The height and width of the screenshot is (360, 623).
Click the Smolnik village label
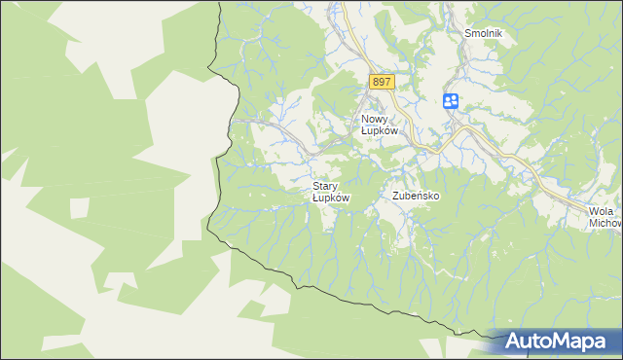point(483,32)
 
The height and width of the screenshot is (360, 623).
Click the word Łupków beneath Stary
point(331,197)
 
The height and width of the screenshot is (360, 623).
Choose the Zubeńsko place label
point(417,196)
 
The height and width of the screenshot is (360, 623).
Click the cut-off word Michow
point(605,223)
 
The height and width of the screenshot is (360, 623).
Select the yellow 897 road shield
point(381,83)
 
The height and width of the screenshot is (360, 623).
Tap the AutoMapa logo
point(556,342)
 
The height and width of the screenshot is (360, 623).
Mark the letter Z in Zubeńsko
point(396,196)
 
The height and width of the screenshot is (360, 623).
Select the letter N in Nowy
point(354,120)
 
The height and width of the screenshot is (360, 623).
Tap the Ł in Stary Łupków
point(315,197)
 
